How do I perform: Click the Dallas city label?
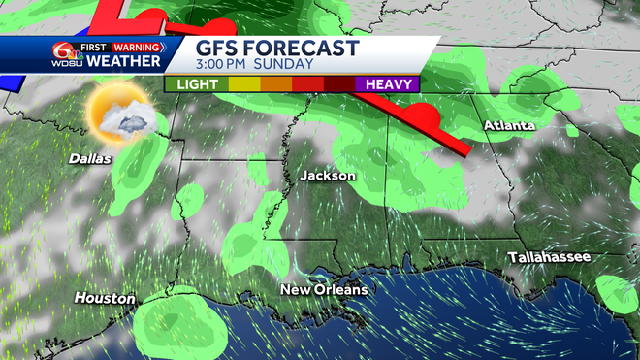[x=90, y=158]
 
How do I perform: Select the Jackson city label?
[x=328, y=176]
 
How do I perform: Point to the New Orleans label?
[x=324, y=290]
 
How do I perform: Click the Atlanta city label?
[x=509, y=126]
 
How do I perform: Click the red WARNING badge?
[x=138, y=47]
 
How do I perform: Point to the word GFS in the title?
[x=219, y=49]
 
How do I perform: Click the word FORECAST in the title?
[x=304, y=49]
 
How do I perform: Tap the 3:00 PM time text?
[x=228, y=65]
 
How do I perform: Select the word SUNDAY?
[x=287, y=65]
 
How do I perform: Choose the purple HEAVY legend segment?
[x=387, y=84]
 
